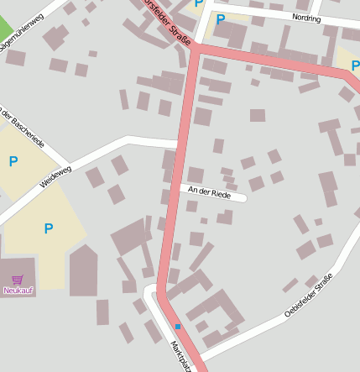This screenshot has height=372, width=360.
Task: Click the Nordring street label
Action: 306,17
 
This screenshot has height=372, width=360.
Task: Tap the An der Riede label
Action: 209,193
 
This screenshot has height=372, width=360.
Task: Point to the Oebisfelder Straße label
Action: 309,294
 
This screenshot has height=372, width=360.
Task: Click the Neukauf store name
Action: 17,291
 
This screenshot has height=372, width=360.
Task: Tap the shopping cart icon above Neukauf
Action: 17,279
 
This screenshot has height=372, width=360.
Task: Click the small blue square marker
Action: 178,326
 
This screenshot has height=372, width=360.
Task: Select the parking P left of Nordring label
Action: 220,19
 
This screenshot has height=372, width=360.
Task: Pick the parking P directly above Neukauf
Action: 48,228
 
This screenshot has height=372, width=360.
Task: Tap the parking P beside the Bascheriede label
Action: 13,161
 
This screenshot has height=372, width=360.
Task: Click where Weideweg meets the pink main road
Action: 176,144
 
